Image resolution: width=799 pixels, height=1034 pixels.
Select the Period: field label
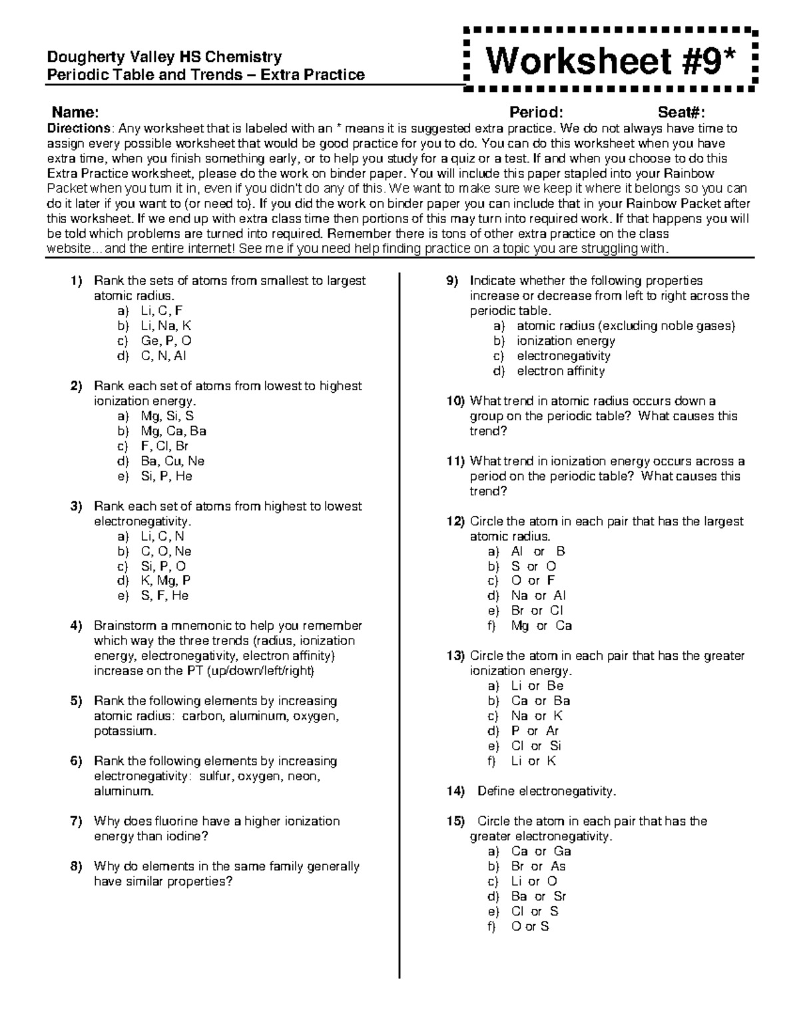(536, 111)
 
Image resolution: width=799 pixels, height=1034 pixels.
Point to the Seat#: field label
(681, 111)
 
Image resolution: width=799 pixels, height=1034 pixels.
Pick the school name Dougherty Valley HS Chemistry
(164, 57)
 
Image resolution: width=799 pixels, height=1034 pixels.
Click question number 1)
(76, 280)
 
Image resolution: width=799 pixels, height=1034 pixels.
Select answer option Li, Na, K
(166, 326)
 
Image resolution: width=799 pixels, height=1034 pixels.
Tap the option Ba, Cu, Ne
(172, 461)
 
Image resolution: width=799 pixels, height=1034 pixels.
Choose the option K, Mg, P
(166, 581)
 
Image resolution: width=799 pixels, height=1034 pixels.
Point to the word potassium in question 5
(124, 731)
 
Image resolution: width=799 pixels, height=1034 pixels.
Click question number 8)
(76, 866)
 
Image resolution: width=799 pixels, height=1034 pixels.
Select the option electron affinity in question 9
(561, 371)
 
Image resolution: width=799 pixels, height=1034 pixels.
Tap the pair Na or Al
(538, 595)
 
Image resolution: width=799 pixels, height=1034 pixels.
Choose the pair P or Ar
(535, 731)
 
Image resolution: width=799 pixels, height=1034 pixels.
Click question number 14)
(455, 791)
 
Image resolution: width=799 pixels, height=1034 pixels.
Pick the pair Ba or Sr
(539, 896)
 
